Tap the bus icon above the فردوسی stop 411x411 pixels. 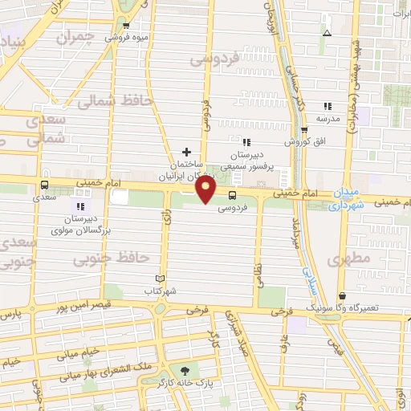coord(232,195)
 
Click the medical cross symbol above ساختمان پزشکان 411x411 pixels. coord(187,151)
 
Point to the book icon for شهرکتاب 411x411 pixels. coord(160,279)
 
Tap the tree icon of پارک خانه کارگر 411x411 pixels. coord(186,370)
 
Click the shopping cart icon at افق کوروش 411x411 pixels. coord(303,131)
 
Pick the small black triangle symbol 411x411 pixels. coord(326,33)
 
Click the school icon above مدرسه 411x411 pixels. coord(328,105)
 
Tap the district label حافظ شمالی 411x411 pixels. coord(111,101)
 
